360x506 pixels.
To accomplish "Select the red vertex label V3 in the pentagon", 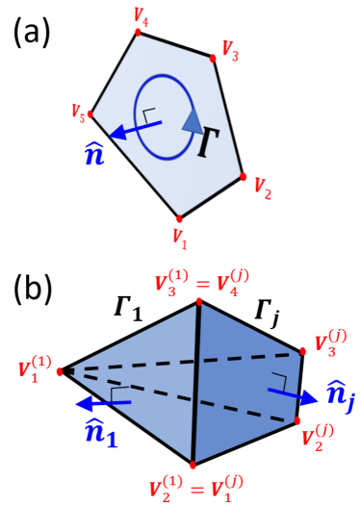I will point(231,49).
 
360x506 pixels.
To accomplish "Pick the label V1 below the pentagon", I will point(179,234).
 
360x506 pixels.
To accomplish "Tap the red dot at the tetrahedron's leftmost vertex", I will point(60,370).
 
